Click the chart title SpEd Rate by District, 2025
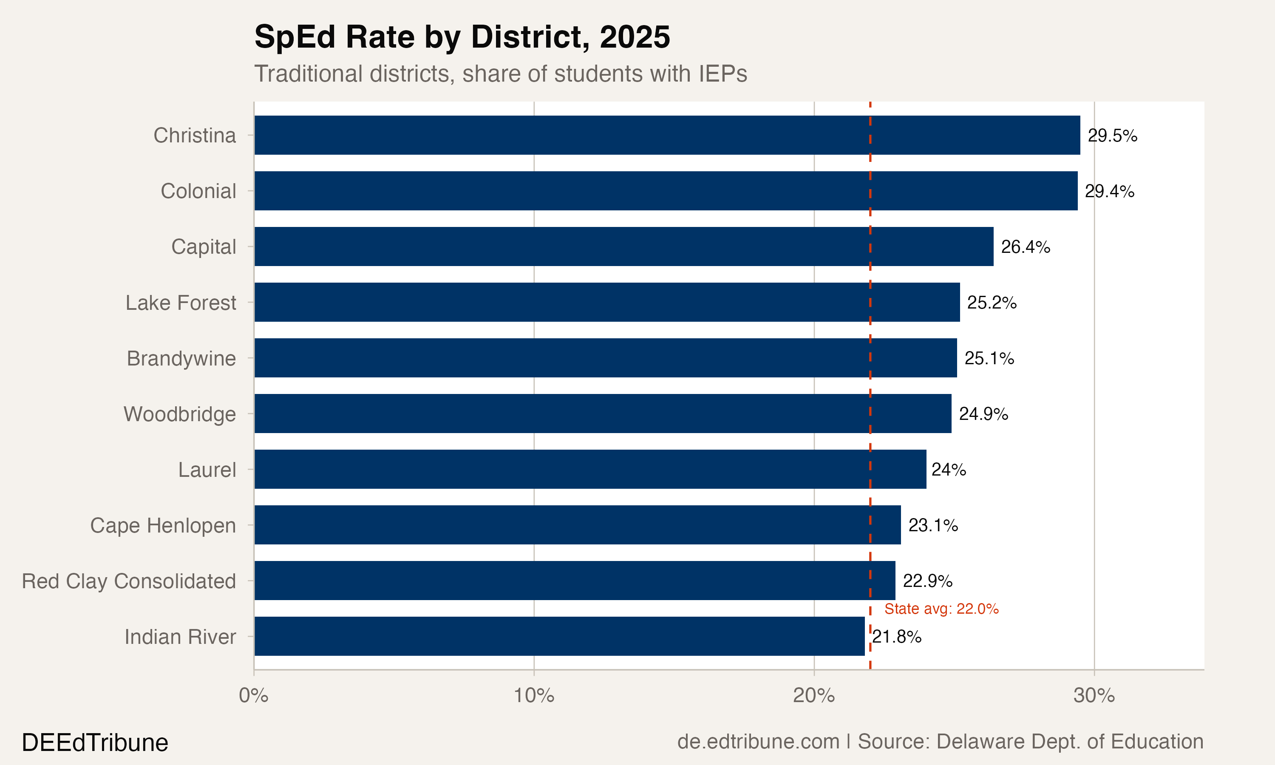pyautogui.click(x=462, y=37)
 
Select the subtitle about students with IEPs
pyautogui.click(x=500, y=74)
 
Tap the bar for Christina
pyautogui.click(x=667, y=135)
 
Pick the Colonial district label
pyautogui.click(x=198, y=191)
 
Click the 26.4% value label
pyautogui.click(x=1025, y=247)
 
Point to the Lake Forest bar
pyautogui.click(x=606, y=302)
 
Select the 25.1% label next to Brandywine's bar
pyautogui.click(x=989, y=358)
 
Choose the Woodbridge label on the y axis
pyautogui.click(x=179, y=414)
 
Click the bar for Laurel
pyautogui.click(x=589, y=469)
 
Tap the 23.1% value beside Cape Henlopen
pyautogui.click(x=932, y=525)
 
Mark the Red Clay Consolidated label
pyautogui.click(x=129, y=581)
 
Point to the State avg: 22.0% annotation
pyautogui.click(x=941, y=609)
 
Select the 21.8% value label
pyautogui.click(x=897, y=637)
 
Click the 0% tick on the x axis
pyautogui.click(x=254, y=696)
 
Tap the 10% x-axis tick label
pyautogui.click(x=534, y=696)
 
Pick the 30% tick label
pyautogui.click(x=1094, y=696)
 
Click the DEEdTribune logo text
pyautogui.click(x=95, y=743)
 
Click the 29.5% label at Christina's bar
pyautogui.click(x=1112, y=136)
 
